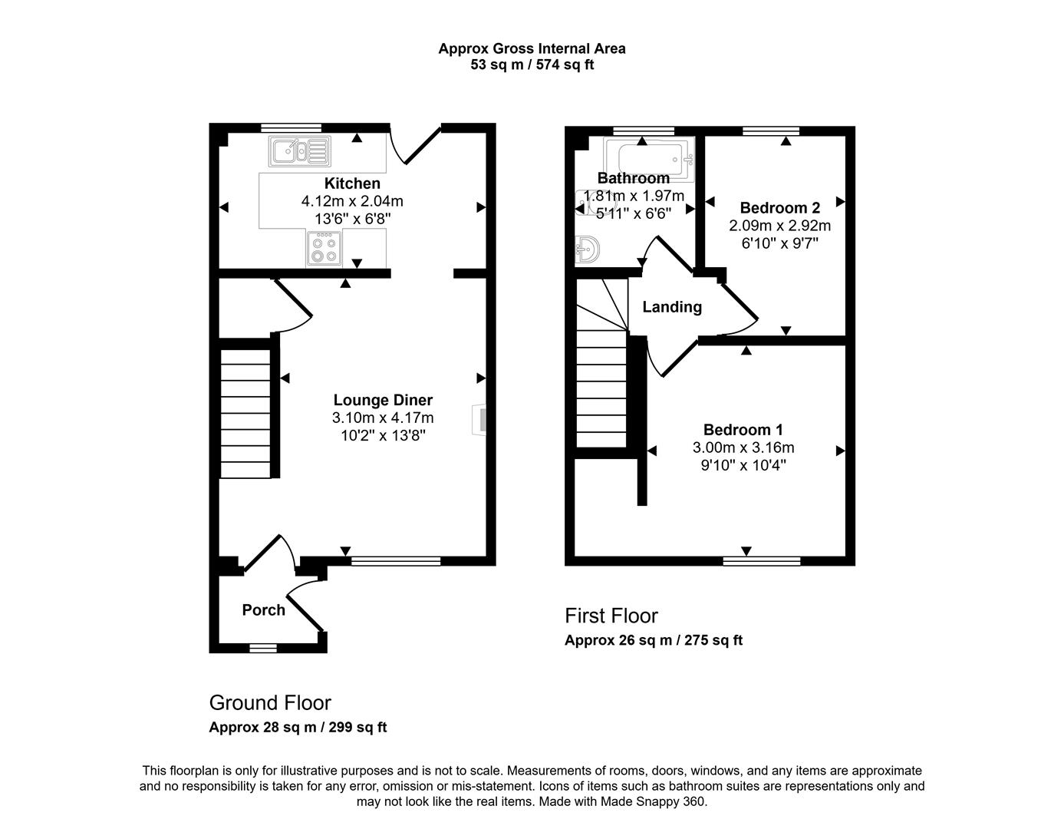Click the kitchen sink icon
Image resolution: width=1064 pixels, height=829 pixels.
click(x=298, y=151)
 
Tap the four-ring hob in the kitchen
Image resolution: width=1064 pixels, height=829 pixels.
click(x=324, y=249)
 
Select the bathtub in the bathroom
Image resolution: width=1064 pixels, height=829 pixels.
click(x=649, y=159)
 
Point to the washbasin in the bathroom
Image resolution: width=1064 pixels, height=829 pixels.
click(x=587, y=249)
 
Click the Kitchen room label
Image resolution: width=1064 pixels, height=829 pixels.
click(x=352, y=183)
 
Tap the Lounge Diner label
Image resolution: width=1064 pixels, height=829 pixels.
click(x=383, y=400)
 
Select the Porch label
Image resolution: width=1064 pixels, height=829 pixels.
click(x=263, y=610)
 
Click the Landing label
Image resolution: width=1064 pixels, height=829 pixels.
click(x=672, y=307)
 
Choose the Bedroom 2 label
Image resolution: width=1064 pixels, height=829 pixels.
click(x=779, y=208)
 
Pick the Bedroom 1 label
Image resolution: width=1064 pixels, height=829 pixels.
click(x=743, y=430)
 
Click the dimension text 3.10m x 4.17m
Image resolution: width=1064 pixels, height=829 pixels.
click(x=383, y=418)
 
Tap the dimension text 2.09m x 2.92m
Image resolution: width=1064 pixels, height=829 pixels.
click(x=779, y=226)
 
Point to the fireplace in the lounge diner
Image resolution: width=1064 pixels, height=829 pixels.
click(x=479, y=420)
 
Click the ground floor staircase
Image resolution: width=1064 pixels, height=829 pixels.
click(x=245, y=414)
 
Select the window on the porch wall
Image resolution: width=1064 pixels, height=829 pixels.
click(x=263, y=649)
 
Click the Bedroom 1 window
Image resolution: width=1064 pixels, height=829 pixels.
click(x=761, y=561)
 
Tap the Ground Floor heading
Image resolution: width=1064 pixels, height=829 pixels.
click(x=270, y=702)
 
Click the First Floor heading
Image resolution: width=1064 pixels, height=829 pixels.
click(x=611, y=616)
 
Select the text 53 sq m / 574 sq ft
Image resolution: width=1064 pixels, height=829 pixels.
click(x=532, y=65)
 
